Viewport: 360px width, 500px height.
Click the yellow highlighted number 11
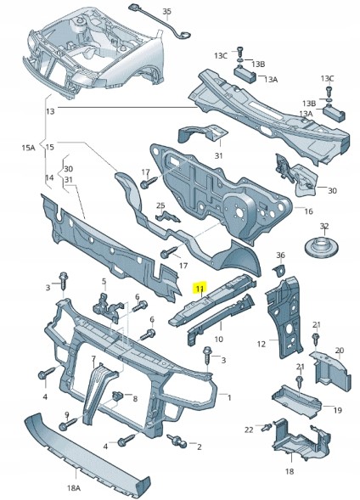[200, 289]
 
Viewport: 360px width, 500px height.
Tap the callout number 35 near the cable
[166, 12]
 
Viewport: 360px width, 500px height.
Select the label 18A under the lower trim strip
[74, 487]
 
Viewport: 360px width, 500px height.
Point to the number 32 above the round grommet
[324, 226]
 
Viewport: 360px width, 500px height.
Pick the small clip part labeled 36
[279, 270]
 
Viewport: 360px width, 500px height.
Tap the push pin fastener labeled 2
[178, 441]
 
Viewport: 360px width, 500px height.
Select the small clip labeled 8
[118, 397]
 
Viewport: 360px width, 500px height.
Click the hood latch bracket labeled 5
[107, 307]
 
